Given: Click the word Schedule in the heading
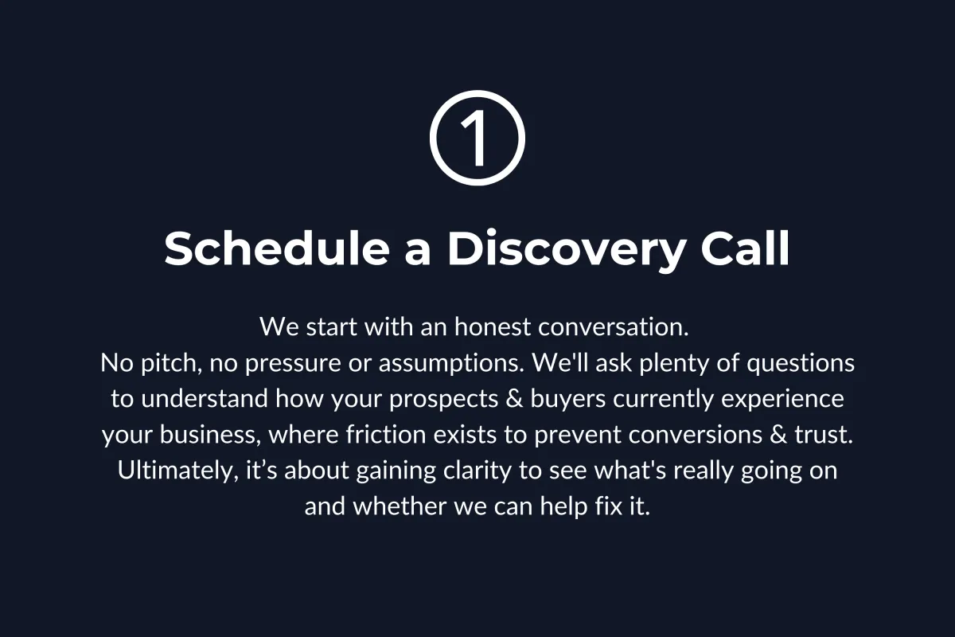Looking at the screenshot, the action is coord(277,248).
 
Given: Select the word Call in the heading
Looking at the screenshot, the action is coord(745,248).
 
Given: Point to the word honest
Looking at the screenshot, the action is coord(493,326).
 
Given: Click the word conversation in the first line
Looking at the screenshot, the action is coord(613,326).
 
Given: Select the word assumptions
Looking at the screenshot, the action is coord(451,365).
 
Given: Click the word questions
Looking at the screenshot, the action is coord(801,365).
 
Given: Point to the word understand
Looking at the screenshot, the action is coord(205,399).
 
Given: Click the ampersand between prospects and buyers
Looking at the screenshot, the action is coord(515,399).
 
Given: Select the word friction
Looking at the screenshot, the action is coord(386,434).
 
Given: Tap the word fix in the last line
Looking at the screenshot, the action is coord(609,506).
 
